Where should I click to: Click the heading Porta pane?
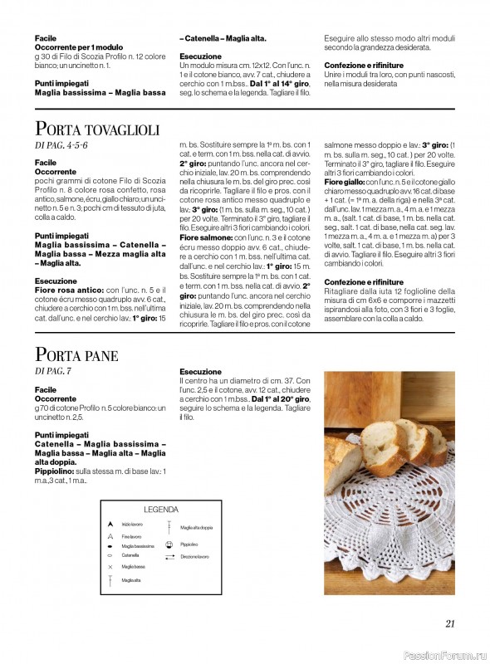(76, 356)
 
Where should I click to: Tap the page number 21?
(449, 625)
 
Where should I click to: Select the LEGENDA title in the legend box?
(161, 510)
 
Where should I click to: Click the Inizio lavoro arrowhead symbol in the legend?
(110, 525)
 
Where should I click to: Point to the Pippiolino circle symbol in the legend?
(169, 544)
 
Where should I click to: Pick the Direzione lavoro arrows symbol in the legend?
(169, 556)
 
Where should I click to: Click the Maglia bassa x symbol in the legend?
(110, 566)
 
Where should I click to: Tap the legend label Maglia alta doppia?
(196, 527)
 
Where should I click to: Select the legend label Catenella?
(130, 554)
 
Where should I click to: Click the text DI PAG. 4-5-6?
(61, 145)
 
